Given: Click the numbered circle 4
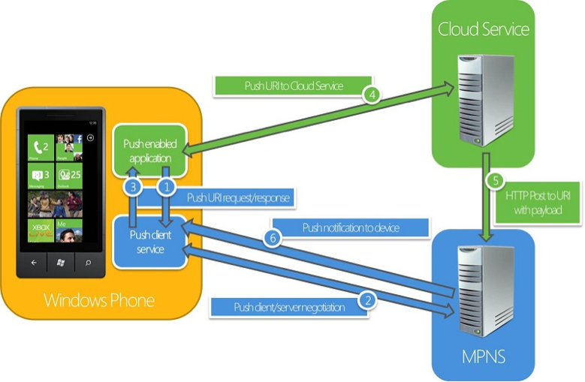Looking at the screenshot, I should (371, 95).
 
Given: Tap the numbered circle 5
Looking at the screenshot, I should (495, 181).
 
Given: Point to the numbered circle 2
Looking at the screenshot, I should (367, 300).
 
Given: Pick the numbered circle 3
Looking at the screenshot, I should (133, 188).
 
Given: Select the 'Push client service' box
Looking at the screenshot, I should (150, 242).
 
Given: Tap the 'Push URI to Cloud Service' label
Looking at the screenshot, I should (294, 86).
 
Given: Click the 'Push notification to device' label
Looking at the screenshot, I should (351, 227).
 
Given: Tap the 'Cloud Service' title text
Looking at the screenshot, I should (484, 29).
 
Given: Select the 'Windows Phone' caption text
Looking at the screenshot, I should (99, 301).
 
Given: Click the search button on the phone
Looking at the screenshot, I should (89, 263).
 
